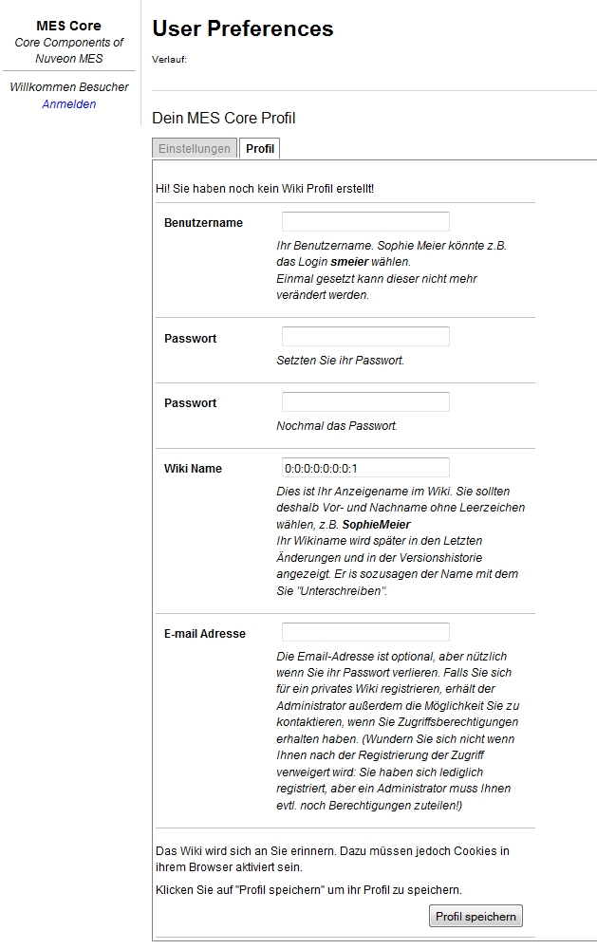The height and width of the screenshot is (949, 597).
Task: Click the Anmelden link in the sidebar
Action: [x=69, y=104]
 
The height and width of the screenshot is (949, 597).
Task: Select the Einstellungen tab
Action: [x=195, y=149]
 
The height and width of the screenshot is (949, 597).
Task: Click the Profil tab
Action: [x=260, y=149]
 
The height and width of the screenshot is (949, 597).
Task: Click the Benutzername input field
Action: [x=365, y=222]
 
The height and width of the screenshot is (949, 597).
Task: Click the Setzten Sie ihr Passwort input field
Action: [x=365, y=337]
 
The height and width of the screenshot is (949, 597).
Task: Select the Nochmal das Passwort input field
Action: [x=365, y=402]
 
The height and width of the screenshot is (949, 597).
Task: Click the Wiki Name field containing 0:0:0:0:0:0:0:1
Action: [x=365, y=468]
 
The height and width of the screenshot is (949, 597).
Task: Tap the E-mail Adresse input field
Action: [x=365, y=633]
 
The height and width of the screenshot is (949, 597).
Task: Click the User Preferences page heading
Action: [x=243, y=29]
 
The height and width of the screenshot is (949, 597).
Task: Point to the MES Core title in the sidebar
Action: [x=68, y=26]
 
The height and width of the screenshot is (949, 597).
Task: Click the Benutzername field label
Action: [x=203, y=223]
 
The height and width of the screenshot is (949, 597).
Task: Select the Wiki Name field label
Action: [x=193, y=469]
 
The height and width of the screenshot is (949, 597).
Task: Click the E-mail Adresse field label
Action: [x=205, y=634]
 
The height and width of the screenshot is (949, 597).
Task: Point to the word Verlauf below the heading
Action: [x=169, y=60]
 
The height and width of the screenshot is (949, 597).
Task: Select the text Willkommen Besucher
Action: [x=69, y=87]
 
